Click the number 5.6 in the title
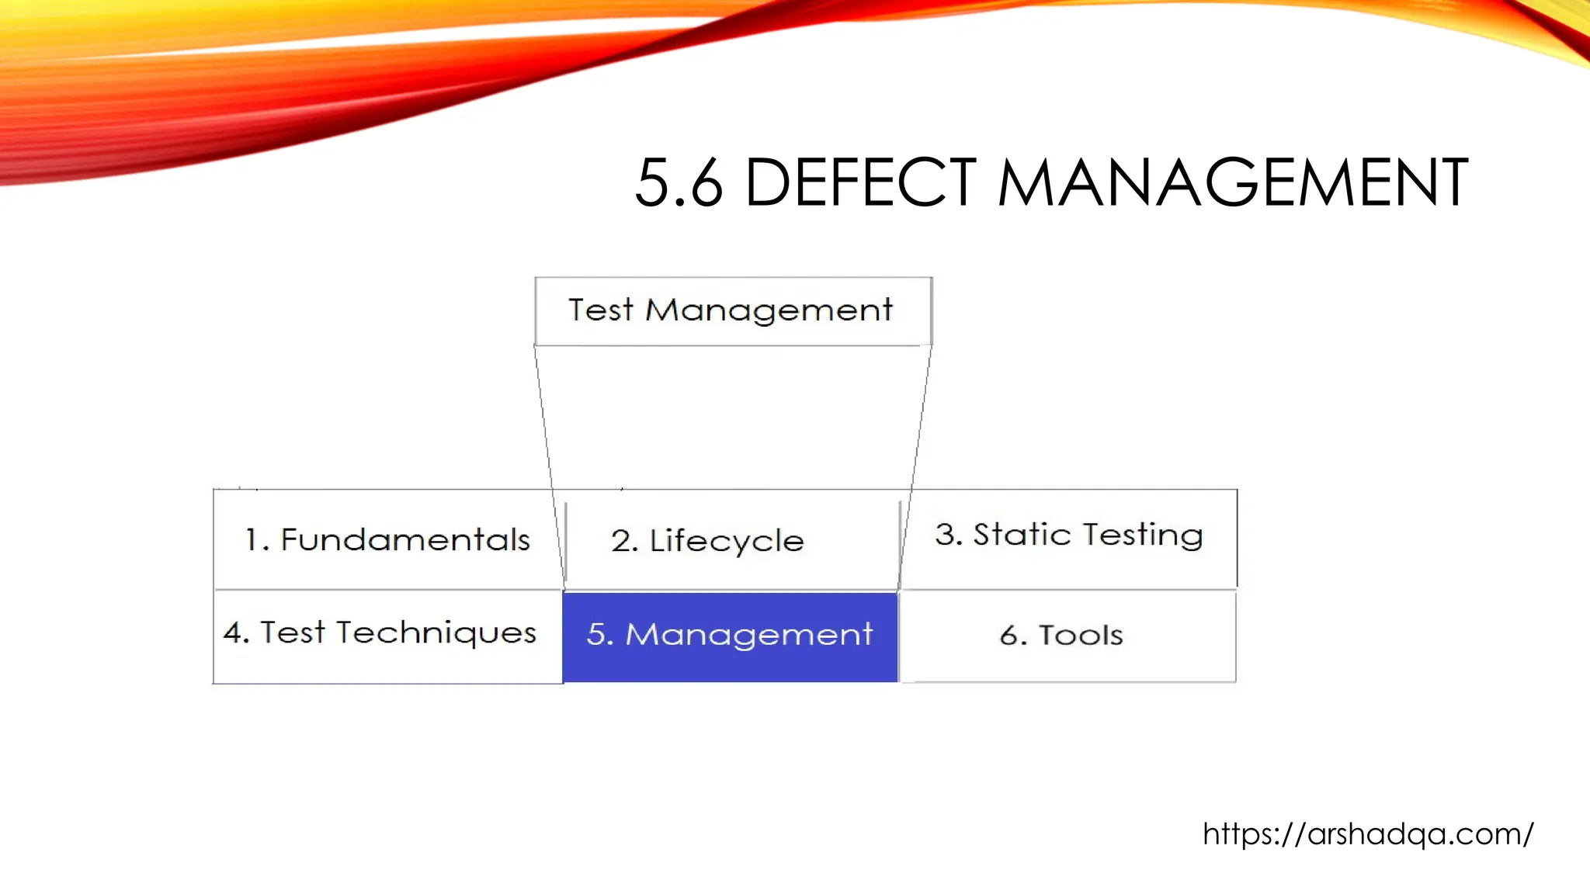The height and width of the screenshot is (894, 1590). [679, 183]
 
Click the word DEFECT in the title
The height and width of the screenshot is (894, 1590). [860, 183]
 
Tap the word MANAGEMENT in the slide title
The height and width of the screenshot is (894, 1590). [1232, 183]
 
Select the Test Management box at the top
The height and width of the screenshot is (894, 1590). [733, 311]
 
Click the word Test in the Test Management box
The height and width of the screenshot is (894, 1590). [600, 310]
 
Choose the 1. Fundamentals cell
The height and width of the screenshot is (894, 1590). [387, 539]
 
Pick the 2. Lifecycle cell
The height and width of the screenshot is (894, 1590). [731, 541]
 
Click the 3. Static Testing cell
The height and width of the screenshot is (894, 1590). [1068, 535]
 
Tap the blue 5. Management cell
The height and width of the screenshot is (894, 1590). [730, 636]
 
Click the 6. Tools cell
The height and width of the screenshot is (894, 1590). [1068, 636]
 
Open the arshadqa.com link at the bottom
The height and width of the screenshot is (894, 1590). [1368, 834]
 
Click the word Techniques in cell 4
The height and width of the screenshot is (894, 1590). [436, 633]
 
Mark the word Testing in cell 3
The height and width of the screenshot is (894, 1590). [1143, 535]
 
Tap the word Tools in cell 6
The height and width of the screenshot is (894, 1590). [1081, 636]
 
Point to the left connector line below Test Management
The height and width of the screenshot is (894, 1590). [544, 419]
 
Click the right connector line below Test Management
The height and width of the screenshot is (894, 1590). [921, 419]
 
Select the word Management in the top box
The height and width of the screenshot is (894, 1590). [769, 310]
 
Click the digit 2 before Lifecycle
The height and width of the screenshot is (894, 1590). [623, 541]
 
